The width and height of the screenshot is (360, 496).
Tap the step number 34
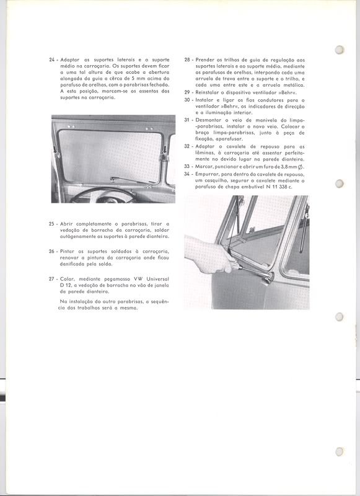point(187,174)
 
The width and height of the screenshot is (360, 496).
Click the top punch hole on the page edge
point(338,51)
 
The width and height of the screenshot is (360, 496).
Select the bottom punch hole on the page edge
point(338,451)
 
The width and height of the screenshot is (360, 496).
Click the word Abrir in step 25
point(68,223)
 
